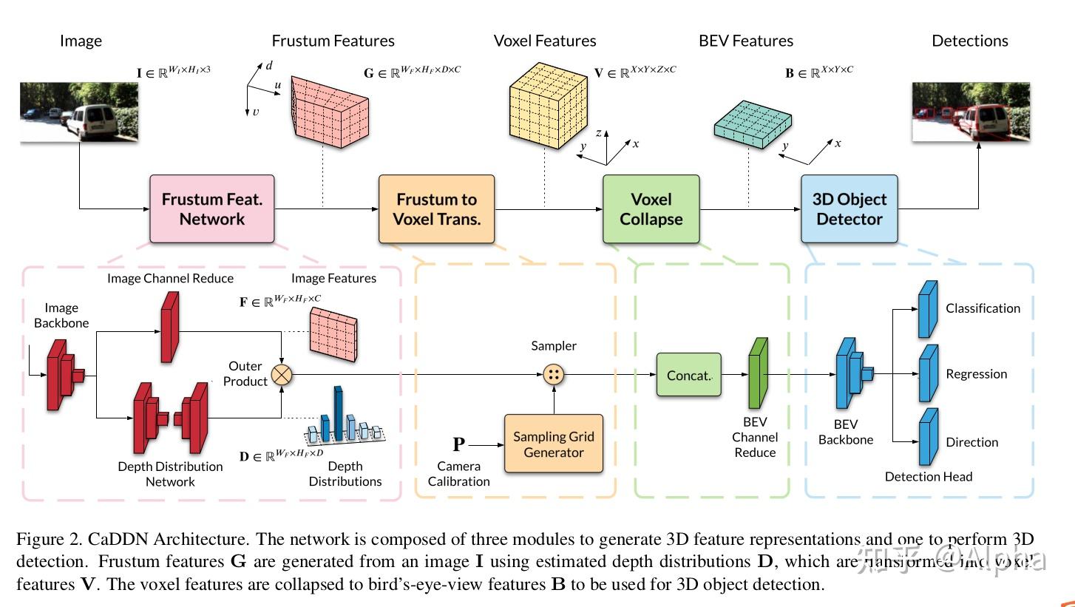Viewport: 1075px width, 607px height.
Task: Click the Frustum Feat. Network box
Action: (x=212, y=209)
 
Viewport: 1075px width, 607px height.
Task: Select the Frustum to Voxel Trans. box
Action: (x=436, y=209)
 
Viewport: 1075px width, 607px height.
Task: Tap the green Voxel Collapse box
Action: (x=651, y=209)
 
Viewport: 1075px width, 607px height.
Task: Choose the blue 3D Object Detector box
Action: (x=849, y=209)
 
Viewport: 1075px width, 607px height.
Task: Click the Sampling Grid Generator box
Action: (x=554, y=444)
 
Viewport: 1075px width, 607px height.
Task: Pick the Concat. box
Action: (x=688, y=375)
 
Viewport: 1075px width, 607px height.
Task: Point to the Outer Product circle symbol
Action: (x=282, y=374)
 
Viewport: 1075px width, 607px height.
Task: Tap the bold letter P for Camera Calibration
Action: (x=459, y=444)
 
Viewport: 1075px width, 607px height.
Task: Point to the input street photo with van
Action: (x=80, y=112)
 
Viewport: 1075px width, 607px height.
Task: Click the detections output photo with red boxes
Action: (x=971, y=112)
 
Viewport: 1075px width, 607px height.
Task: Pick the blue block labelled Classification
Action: (x=928, y=309)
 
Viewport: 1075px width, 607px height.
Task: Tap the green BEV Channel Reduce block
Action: (x=759, y=373)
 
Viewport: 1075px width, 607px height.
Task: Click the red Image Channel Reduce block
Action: (x=170, y=327)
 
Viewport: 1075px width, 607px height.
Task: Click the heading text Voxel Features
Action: (x=545, y=41)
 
